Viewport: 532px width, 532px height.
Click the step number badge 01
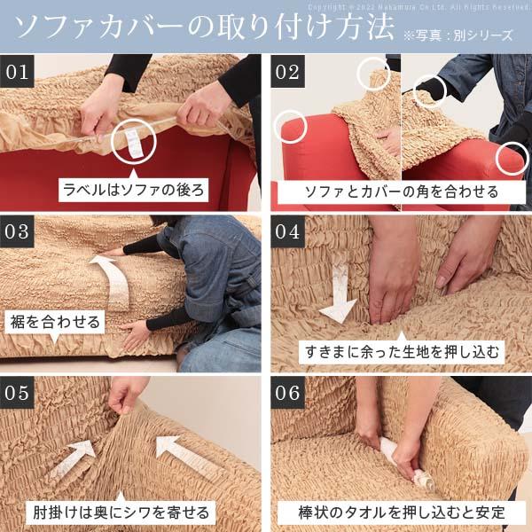pos(19,72)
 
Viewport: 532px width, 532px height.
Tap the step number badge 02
pos(288,72)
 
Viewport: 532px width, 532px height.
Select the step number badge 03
pos(19,232)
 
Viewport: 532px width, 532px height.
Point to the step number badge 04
pos(288,232)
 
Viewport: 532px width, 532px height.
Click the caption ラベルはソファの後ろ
pos(133,190)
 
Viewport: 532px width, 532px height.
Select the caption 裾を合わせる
pos(55,321)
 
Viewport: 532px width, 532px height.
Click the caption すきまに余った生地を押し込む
pos(401,351)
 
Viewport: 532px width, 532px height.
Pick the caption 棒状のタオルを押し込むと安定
pos(401,512)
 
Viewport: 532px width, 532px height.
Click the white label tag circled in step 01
pos(130,140)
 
